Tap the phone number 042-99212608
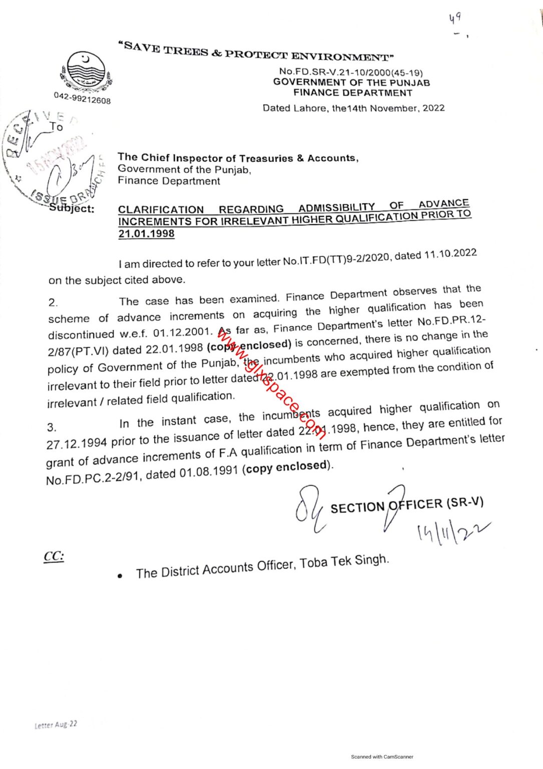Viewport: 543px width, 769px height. point(82,98)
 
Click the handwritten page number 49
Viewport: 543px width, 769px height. point(454,19)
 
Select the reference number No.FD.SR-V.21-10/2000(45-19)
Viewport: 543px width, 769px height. point(351,72)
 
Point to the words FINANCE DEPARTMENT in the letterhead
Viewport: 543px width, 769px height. point(353,93)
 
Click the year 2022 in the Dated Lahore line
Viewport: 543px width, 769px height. point(433,108)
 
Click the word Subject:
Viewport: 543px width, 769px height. point(72,209)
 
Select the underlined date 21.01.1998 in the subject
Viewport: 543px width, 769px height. point(146,233)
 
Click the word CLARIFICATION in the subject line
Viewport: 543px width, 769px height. point(161,209)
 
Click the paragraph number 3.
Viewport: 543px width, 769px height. point(52,427)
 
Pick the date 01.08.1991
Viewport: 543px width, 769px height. point(209,472)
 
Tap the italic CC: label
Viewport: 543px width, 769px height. point(54,556)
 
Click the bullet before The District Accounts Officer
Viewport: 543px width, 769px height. point(120,576)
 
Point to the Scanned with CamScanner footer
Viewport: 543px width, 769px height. point(382,756)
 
